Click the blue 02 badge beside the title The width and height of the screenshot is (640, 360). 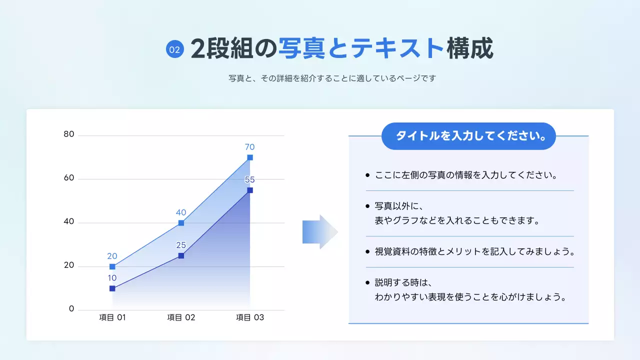pos(175,49)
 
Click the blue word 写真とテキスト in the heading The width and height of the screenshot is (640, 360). pos(360,49)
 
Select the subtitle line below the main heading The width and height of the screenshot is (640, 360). pos(332,78)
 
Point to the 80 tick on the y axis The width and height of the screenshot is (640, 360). pos(69,134)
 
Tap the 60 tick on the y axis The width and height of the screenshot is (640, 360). pos(69,178)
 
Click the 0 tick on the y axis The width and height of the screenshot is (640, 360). pos(71,309)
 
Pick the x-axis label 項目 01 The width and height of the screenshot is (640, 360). pos(112,317)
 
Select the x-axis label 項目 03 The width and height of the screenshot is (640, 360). pos(250,317)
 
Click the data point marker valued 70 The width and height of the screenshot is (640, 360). pos(250,157)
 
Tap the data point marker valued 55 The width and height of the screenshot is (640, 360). pos(250,190)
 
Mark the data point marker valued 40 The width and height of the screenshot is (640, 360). pos(181,223)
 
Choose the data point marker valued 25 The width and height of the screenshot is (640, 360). pos(181,255)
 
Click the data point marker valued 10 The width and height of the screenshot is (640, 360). pos(112,288)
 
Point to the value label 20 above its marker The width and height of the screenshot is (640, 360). pos(112,256)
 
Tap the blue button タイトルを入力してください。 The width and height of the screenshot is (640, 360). pos(468,136)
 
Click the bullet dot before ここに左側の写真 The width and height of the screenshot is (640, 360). pos(367,175)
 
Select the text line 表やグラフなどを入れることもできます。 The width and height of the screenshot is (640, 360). pos(457,220)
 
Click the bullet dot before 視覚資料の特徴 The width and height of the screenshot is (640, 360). pos(367,251)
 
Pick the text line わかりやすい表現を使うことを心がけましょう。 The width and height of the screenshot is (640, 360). pos(471,297)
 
